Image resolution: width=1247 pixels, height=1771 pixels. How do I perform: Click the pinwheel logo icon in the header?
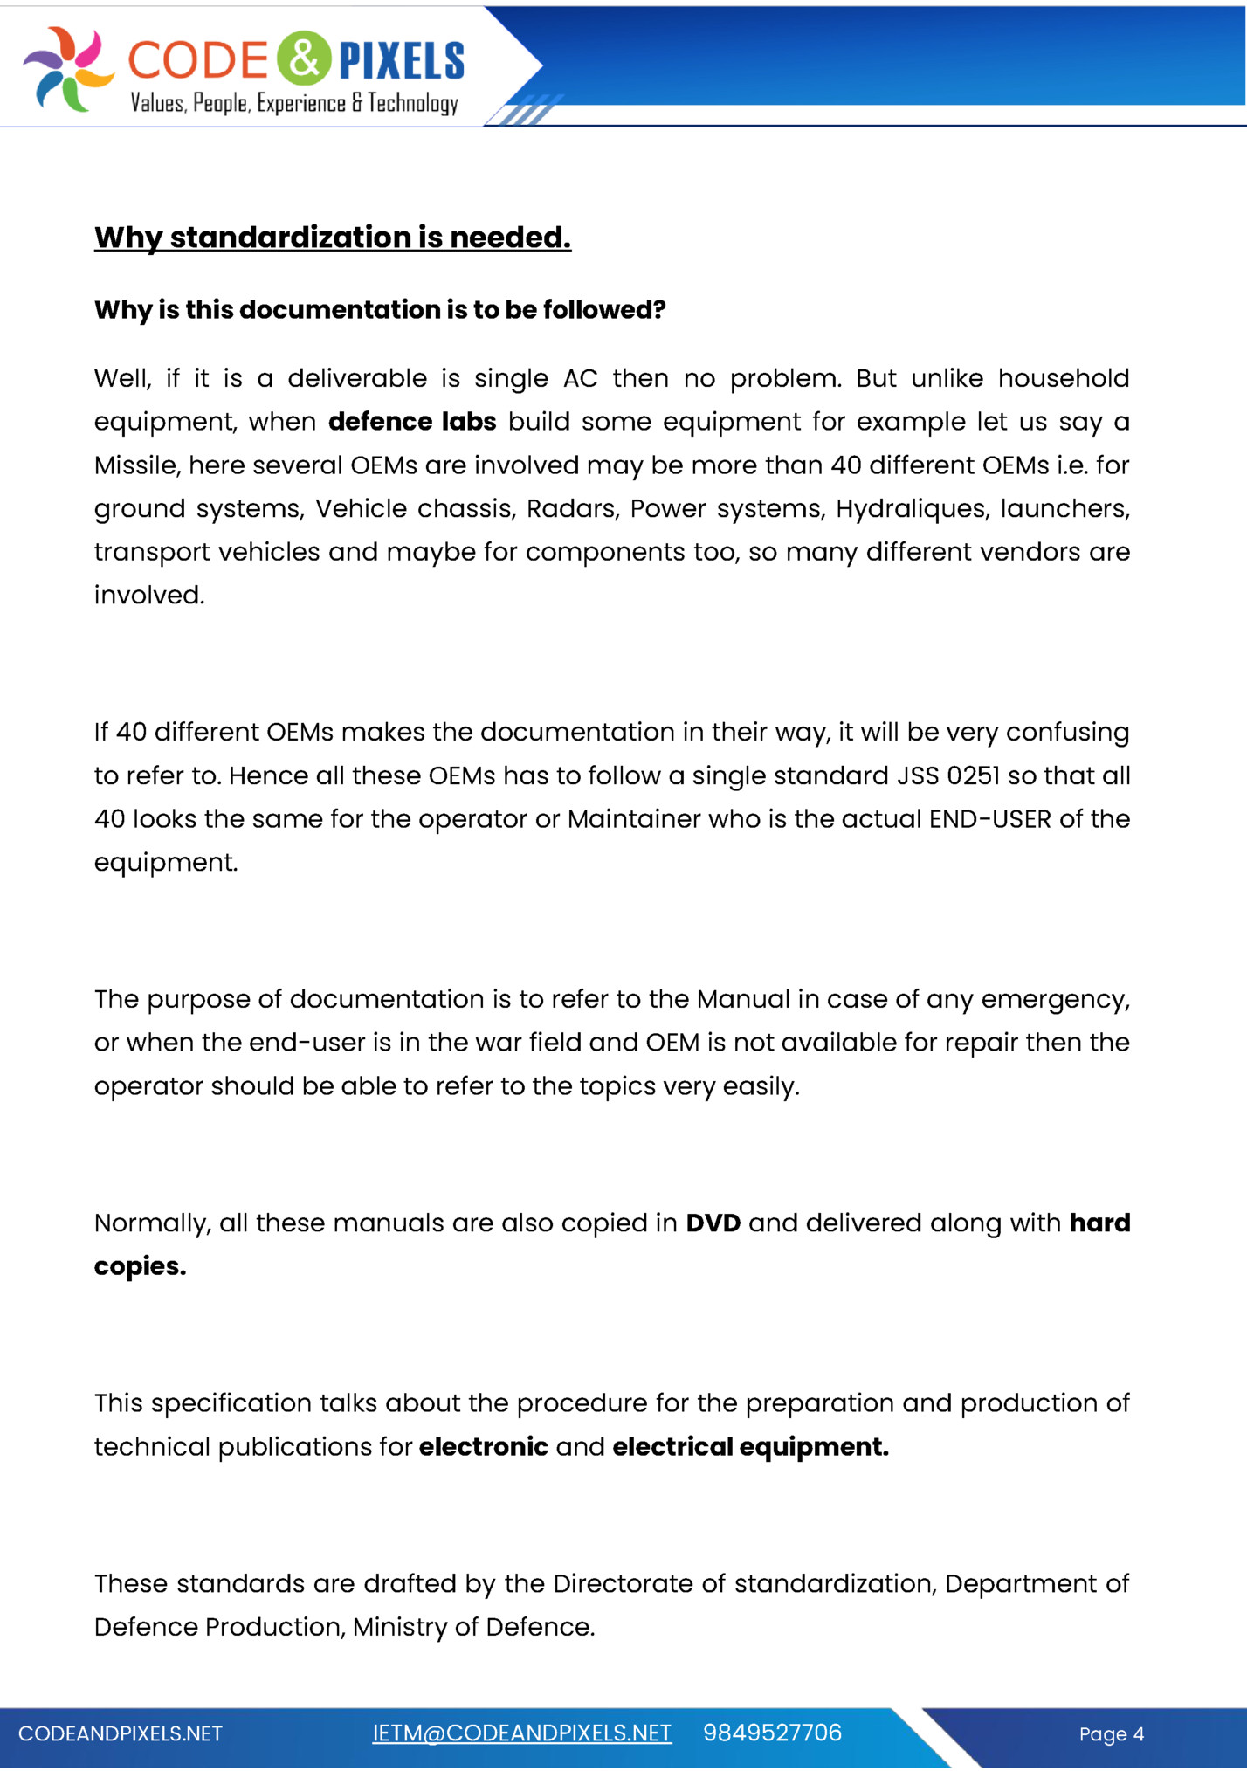[68, 69]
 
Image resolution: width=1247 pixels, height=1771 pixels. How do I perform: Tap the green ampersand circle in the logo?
[304, 59]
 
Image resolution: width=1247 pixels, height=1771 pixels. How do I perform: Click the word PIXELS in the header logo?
[401, 61]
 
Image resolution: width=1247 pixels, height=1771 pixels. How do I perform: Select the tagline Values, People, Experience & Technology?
[294, 104]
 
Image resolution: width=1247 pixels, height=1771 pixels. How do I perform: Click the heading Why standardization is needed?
[332, 238]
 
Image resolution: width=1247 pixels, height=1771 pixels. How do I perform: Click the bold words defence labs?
[412, 422]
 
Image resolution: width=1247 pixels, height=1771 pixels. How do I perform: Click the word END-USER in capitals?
[989, 819]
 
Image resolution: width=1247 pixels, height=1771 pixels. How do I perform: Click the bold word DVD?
[713, 1223]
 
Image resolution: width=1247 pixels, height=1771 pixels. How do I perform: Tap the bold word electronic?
[483, 1447]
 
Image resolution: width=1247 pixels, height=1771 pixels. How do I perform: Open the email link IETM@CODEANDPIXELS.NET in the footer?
[521, 1733]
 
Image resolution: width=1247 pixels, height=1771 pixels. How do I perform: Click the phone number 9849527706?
[772, 1733]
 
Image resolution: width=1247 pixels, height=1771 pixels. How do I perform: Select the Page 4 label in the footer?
[1111, 1734]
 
